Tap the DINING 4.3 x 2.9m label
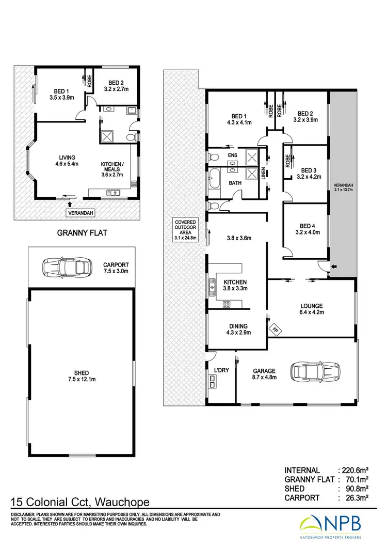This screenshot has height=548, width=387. pyautogui.click(x=237, y=330)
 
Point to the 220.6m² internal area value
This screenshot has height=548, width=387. pyautogui.click(x=357, y=471)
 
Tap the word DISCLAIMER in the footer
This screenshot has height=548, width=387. pyautogui.click(x=22, y=515)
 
